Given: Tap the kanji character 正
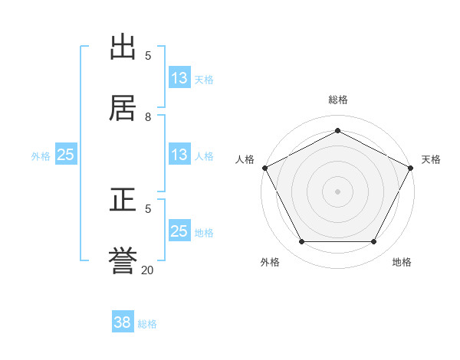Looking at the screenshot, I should click(x=124, y=201).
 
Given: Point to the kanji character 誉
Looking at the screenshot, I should click(x=124, y=260).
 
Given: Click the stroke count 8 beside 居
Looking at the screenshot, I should click(x=148, y=116).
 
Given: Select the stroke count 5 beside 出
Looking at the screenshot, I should click(x=148, y=55).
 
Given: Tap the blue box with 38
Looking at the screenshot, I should click(x=123, y=322).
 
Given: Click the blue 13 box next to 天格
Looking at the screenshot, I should click(x=179, y=78).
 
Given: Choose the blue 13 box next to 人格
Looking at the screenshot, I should click(x=179, y=155).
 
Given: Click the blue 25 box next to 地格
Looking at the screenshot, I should click(x=179, y=231).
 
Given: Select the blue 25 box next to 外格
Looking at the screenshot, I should click(x=66, y=155).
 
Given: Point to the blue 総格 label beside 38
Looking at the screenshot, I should click(x=147, y=324).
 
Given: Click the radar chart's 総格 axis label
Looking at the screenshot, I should click(x=337, y=100).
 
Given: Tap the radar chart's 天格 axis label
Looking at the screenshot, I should click(x=431, y=159).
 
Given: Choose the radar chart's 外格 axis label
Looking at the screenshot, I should click(x=270, y=262).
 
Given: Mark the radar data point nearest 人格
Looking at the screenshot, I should click(x=264, y=167).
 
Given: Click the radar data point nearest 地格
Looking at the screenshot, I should click(x=373, y=242).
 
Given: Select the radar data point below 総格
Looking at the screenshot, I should click(x=337, y=130).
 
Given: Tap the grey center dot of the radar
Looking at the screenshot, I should click(x=337, y=191).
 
